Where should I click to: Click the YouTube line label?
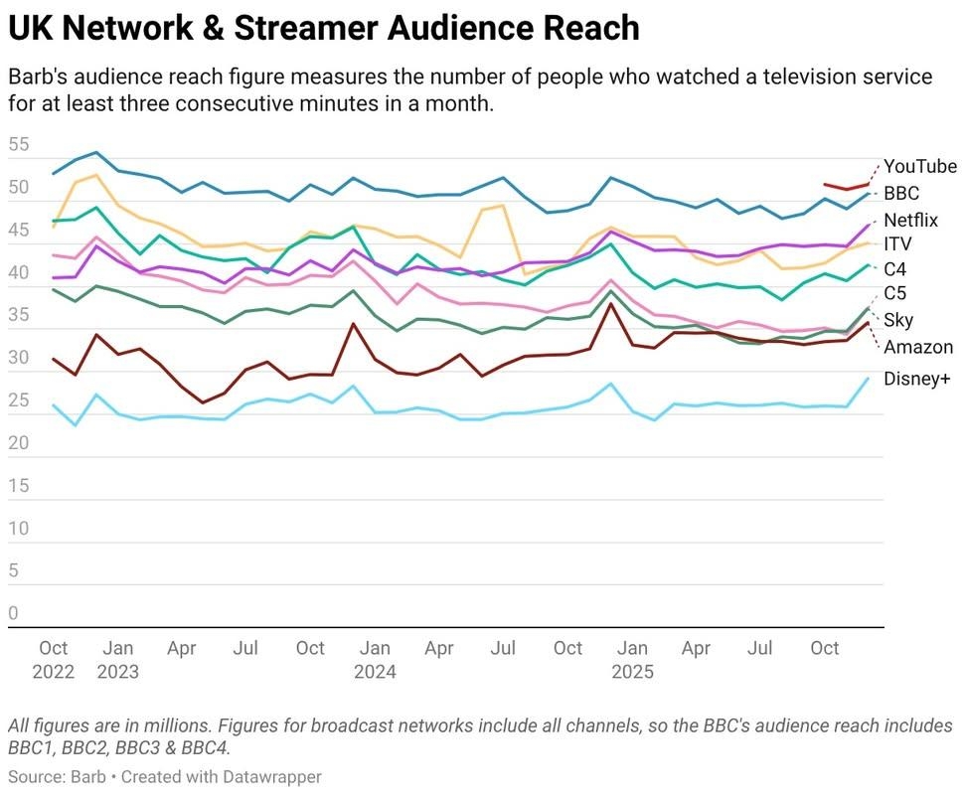click(x=919, y=167)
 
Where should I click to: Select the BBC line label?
click(x=901, y=193)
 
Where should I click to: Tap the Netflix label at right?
click(x=910, y=220)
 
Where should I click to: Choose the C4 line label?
click(x=894, y=269)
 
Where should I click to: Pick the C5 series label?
click(x=894, y=293)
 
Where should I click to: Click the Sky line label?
click(x=897, y=320)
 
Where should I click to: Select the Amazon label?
click(x=918, y=347)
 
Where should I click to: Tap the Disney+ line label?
click(x=916, y=379)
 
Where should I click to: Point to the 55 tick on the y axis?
click(x=19, y=144)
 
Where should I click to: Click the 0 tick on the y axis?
click(x=13, y=614)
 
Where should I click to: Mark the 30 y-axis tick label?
click(x=19, y=358)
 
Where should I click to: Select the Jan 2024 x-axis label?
click(x=375, y=660)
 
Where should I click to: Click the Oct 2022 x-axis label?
click(x=54, y=660)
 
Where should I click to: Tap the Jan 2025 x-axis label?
click(x=632, y=660)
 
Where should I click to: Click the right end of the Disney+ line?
click(x=869, y=379)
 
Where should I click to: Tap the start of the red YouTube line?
click(x=826, y=184)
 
